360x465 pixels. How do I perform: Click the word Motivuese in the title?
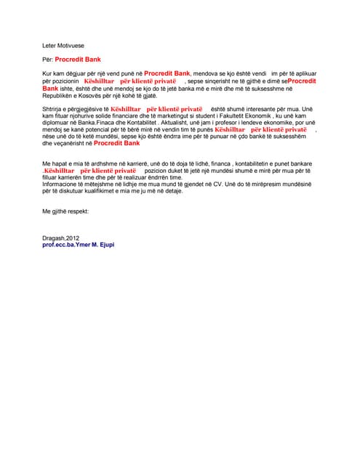pyautogui.click(x=71, y=44)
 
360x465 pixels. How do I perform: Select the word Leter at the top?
pyautogui.click(x=50, y=44)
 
